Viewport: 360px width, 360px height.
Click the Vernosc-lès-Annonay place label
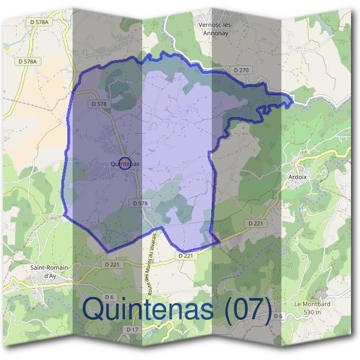point(215,28)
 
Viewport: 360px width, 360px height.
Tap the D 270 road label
point(241,70)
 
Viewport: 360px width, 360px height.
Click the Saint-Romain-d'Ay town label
point(50,271)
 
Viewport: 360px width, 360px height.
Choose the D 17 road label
point(133,330)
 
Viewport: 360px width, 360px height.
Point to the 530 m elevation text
point(313,312)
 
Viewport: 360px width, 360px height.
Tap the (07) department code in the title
point(245,308)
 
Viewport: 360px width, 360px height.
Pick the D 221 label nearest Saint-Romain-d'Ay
point(112,263)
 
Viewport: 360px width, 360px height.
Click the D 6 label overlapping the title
point(278,316)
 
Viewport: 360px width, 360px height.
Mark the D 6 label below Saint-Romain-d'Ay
point(109,297)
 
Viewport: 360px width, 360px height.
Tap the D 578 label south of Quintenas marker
point(139,204)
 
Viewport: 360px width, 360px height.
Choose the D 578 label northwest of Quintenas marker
point(100,104)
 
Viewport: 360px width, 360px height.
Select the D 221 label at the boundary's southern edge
point(186,256)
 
